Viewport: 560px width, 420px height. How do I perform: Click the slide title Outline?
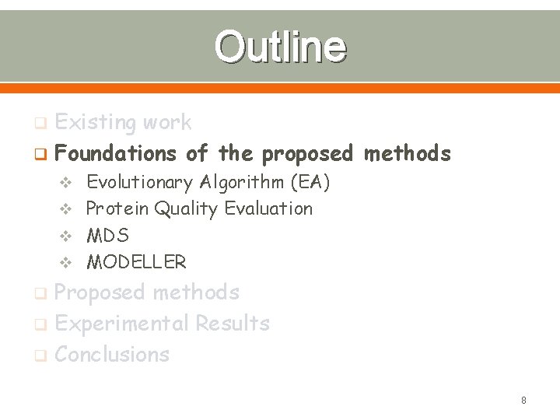click(280, 47)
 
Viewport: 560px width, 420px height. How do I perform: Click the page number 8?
click(523, 401)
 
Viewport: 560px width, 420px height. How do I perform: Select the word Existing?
click(93, 123)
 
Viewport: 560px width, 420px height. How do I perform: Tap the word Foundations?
click(117, 154)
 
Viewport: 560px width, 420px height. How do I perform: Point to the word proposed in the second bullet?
click(307, 154)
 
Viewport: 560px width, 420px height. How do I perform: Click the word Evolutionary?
click(139, 183)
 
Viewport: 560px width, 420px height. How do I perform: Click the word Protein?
click(117, 208)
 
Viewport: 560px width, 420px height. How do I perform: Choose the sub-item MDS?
click(107, 235)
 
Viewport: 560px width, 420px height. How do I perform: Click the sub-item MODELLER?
click(136, 262)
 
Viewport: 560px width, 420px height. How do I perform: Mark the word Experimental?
click(122, 324)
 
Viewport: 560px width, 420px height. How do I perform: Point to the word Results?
click(233, 324)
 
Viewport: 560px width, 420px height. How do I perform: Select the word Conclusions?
click(112, 355)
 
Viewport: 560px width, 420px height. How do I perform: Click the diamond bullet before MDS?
click(66, 236)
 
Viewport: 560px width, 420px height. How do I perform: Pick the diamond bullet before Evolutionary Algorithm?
click(66, 184)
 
